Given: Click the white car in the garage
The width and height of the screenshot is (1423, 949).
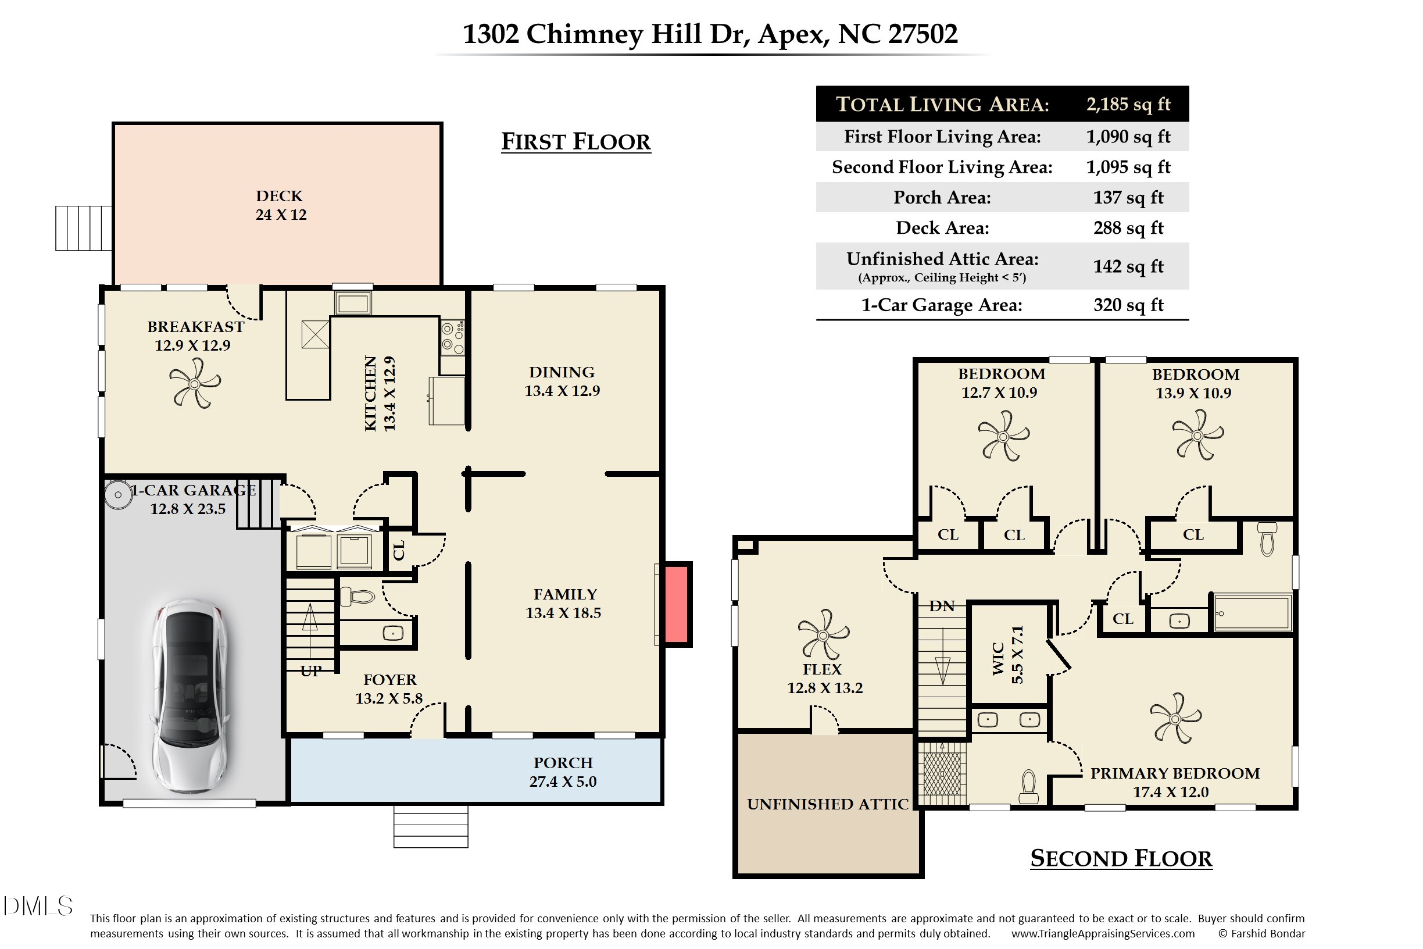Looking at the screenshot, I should click(190, 696).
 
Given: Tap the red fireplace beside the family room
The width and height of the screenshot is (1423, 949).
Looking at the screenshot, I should click(677, 604).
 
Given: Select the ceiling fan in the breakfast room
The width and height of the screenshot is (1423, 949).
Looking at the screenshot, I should click(194, 383).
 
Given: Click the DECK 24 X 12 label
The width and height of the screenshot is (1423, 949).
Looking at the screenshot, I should click(280, 205).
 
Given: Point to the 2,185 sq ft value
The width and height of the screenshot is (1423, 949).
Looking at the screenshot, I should click(1128, 104).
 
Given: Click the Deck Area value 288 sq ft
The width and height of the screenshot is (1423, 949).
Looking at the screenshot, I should click(1128, 228).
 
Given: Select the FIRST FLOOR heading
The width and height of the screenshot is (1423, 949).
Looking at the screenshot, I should click(575, 142).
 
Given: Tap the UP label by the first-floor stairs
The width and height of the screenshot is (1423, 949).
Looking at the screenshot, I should click(310, 670).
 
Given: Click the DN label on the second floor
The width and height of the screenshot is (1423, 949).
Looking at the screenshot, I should click(942, 606).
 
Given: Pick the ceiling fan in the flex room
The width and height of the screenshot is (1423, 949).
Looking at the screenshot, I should click(823, 634).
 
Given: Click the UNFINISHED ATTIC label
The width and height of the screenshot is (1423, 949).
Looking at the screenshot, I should click(827, 804).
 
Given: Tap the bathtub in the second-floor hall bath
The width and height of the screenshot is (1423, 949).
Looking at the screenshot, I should click(1252, 613).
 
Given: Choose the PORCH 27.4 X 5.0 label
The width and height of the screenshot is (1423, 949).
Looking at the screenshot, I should click(563, 772).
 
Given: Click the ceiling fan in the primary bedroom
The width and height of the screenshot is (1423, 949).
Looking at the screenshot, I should click(1175, 718).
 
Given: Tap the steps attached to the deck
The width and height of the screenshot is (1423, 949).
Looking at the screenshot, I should click(84, 228).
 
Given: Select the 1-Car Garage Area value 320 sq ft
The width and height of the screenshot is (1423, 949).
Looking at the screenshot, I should click(1128, 305).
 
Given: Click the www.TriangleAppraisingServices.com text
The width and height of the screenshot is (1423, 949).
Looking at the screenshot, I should click(1102, 934).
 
